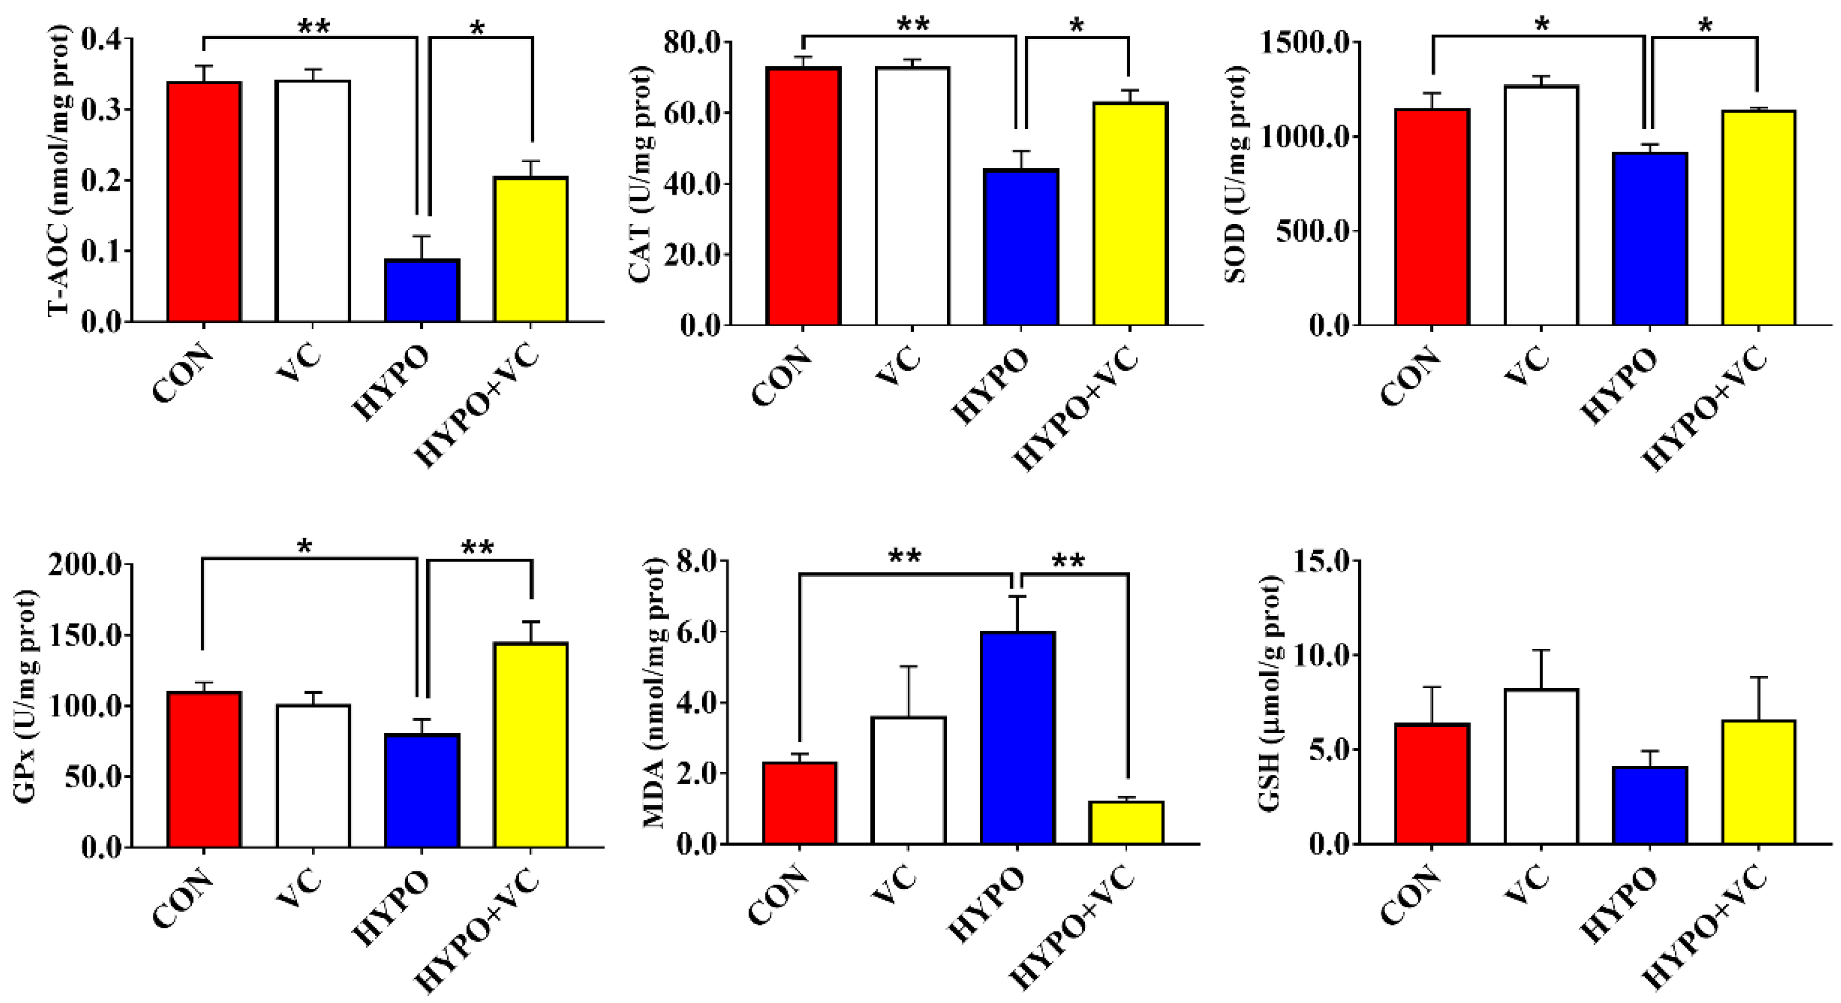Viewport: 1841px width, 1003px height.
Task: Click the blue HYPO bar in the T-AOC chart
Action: point(422,291)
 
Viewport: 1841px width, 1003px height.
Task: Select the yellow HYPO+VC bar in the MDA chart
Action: point(1126,823)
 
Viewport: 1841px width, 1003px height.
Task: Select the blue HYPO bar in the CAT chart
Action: point(1021,247)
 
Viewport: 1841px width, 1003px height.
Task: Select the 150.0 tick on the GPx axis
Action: point(86,635)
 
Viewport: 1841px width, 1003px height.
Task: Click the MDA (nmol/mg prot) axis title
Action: point(653,693)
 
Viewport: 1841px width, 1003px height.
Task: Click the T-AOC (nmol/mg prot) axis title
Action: point(59,172)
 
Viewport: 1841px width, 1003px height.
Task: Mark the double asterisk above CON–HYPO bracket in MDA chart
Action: point(904,557)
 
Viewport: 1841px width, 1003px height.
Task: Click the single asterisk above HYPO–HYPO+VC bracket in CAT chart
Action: point(1076,26)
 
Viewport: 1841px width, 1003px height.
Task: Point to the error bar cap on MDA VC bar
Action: point(908,666)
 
